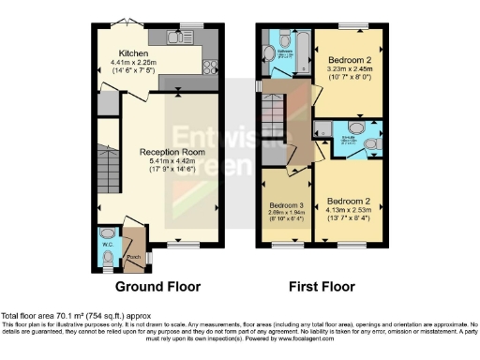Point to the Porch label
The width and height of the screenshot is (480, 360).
coord(132,255)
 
